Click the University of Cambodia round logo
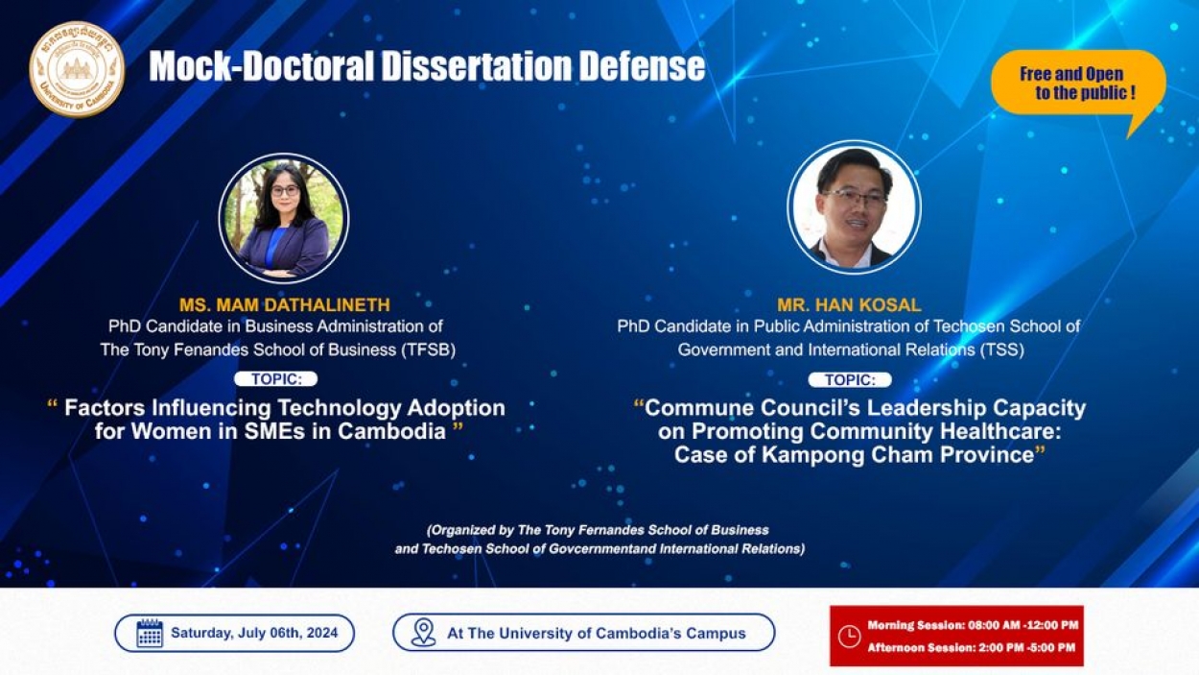click(77, 69)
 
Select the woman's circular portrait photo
click(284, 219)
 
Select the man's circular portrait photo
click(854, 206)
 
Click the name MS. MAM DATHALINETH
click(285, 304)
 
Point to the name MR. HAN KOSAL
click(849, 304)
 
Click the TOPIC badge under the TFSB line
click(276, 378)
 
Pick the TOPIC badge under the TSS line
click(850, 380)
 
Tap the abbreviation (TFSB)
click(427, 350)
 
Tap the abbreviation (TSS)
click(1002, 350)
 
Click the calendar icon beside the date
click(150, 633)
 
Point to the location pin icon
click(423, 633)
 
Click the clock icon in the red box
click(849, 637)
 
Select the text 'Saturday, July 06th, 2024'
click(254, 633)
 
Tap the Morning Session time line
click(973, 625)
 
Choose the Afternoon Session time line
click(971, 648)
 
